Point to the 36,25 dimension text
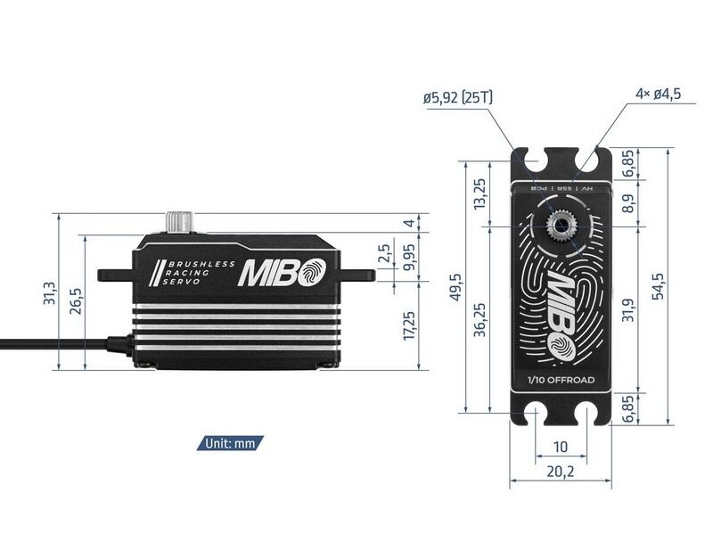(x=481, y=316)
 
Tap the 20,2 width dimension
(x=559, y=473)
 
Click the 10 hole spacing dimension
(x=559, y=446)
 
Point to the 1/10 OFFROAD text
(x=559, y=381)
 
